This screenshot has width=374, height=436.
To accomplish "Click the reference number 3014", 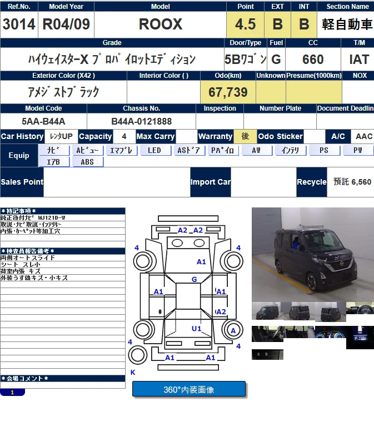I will [19, 24].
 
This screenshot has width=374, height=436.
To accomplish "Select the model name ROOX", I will [161, 24].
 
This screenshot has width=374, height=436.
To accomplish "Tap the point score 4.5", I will [245, 24].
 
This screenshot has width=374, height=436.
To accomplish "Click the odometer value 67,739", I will [228, 92].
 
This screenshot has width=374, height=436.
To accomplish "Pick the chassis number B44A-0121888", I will [141, 121].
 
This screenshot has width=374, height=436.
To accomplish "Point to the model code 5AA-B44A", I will [43, 121].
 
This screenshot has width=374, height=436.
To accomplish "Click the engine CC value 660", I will [313, 59].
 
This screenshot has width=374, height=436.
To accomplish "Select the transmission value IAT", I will [359, 59].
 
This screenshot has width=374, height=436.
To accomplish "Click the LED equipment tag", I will [154, 150].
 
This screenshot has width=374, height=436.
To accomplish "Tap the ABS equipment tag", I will [87, 162].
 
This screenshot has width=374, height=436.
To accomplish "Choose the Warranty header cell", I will [215, 136].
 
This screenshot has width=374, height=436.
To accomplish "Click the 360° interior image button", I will [188, 389].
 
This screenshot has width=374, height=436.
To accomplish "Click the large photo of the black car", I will [312, 254].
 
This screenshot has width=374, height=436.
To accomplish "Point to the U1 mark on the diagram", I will [197, 329].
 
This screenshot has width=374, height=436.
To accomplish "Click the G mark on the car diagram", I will [194, 279].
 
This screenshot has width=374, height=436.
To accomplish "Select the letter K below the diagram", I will [133, 372].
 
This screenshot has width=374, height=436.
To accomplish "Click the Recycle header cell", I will [311, 182].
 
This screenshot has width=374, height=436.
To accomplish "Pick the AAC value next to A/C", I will [364, 136].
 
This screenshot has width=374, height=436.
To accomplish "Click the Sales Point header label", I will [22, 182].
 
